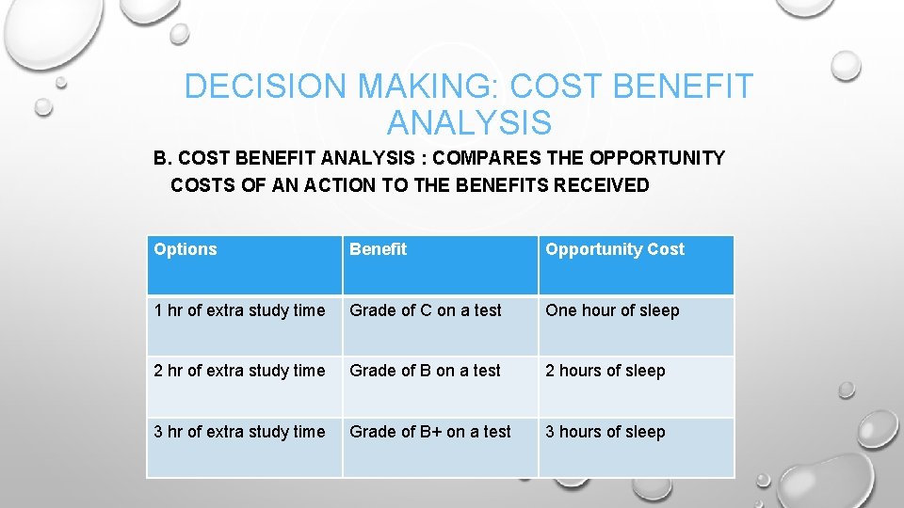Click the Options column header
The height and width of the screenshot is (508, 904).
click(x=186, y=249)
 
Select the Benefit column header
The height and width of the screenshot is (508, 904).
click(x=378, y=249)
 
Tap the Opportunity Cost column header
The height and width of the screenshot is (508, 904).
click(x=615, y=249)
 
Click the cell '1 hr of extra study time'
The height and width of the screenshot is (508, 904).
click(x=239, y=310)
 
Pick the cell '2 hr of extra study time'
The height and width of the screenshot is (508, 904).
click(x=239, y=371)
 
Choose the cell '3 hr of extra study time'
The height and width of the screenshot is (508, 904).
click(x=239, y=432)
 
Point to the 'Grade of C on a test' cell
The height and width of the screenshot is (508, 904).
click(x=426, y=310)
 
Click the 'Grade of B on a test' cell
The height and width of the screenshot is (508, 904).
click(x=425, y=371)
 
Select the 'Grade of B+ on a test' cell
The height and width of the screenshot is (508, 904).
click(x=430, y=432)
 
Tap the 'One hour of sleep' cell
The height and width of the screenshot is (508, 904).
click(x=612, y=310)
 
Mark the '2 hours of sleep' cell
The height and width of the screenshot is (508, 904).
click(x=605, y=371)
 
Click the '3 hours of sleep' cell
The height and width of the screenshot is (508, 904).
click(x=605, y=432)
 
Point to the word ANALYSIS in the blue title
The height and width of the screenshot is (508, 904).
click(x=469, y=123)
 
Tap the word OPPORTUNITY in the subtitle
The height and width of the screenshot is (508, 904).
click(x=657, y=158)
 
